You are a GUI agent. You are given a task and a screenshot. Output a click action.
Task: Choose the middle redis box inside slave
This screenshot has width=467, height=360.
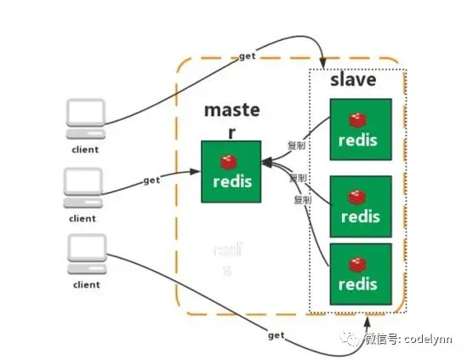[x=361, y=205]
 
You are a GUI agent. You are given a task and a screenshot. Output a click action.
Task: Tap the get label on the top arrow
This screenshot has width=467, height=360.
[x=248, y=55]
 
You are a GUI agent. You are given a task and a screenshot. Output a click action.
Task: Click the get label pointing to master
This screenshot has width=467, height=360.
[x=151, y=180]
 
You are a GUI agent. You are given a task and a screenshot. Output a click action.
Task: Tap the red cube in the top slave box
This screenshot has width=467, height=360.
[x=357, y=117]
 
